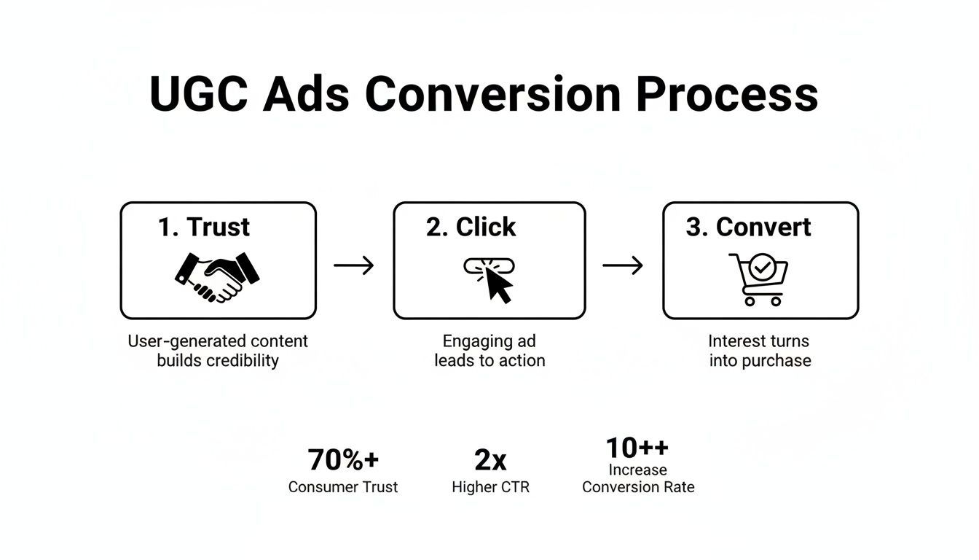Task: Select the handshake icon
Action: [217, 276]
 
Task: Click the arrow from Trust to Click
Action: [354, 265]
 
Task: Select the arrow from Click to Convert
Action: [623, 265]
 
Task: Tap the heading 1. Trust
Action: [204, 227]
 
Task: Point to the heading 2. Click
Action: [471, 227]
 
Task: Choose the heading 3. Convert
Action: [748, 227]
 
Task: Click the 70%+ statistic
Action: [343, 460]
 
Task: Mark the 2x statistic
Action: [490, 460]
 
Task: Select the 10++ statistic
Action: [637, 447]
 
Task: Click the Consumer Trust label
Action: [343, 487]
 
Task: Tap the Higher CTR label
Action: [490, 487]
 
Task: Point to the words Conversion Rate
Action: [638, 487]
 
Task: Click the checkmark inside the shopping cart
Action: [762, 268]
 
